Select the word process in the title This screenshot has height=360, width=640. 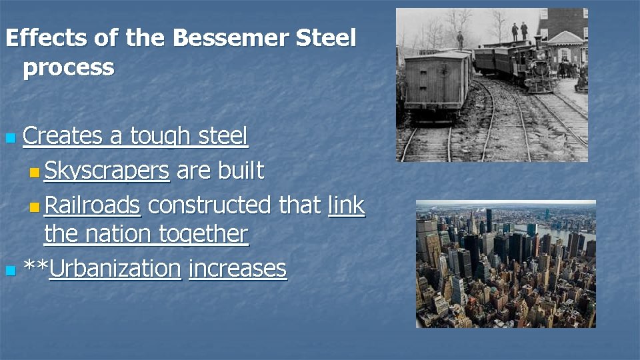(68, 68)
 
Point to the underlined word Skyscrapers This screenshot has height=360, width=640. (107, 171)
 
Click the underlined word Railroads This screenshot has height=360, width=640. (92, 205)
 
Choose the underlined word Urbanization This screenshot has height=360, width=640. (115, 269)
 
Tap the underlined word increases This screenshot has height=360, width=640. (237, 269)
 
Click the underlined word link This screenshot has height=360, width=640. (347, 205)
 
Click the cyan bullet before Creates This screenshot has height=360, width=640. (9, 139)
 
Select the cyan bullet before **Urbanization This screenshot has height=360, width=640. (9, 271)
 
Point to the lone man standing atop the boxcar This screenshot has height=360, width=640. (460, 39)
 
